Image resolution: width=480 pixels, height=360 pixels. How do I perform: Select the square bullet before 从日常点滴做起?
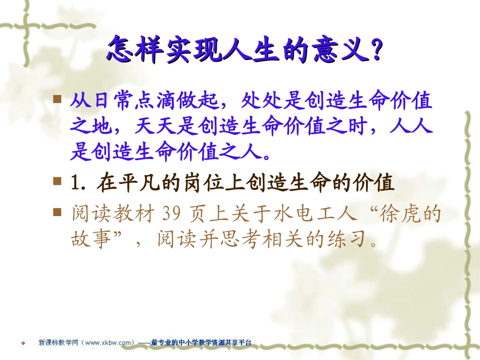pyautogui.click(x=59, y=98)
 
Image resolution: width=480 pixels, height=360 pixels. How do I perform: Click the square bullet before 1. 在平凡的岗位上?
pyautogui.click(x=59, y=180)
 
